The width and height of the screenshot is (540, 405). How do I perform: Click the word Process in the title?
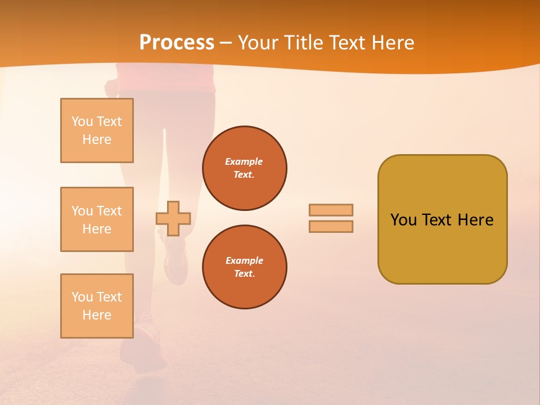click(177, 43)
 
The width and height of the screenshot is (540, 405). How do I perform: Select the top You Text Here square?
click(97, 130)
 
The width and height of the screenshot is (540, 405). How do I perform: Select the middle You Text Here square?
click(97, 219)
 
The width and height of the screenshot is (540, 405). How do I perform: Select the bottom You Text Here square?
click(97, 306)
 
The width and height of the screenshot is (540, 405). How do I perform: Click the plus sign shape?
click(173, 218)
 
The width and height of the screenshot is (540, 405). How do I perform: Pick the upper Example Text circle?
click(245, 168)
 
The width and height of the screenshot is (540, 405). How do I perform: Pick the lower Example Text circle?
click(245, 267)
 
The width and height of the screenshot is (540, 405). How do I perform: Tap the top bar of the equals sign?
click(331, 210)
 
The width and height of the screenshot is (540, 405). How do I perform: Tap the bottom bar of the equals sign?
click(331, 227)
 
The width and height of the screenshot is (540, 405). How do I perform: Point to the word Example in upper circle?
click(244, 161)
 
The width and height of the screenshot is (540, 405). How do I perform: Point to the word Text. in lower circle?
click(245, 274)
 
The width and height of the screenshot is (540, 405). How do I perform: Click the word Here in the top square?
click(97, 139)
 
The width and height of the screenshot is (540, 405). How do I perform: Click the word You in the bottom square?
click(82, 297)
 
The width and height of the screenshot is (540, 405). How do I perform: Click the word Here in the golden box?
click(475, 220)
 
